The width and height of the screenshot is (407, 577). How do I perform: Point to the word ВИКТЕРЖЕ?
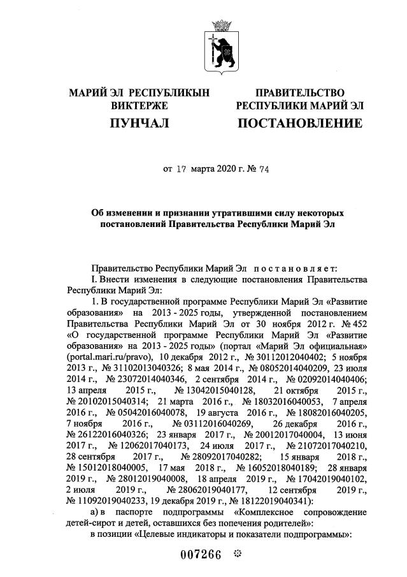139,106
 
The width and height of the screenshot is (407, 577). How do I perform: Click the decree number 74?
245,169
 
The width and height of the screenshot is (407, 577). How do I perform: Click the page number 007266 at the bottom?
199,554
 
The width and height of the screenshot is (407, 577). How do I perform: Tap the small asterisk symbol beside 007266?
239,553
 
